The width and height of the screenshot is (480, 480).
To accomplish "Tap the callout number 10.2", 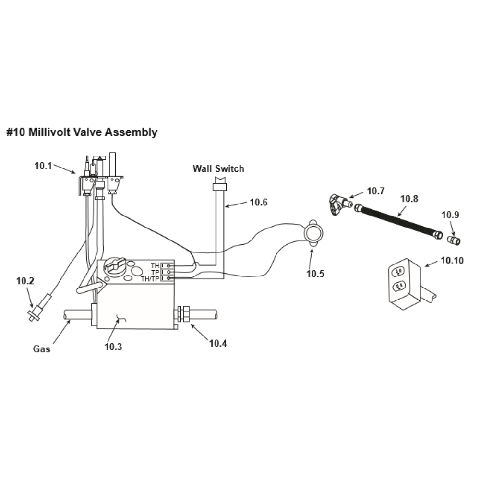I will point(25,281).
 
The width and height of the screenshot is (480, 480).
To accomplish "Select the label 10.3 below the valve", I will point(113,347).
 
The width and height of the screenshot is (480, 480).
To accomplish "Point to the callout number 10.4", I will point(218,343).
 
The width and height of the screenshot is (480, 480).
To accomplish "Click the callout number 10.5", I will point(315,274).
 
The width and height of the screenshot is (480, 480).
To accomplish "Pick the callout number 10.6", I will point(259,202).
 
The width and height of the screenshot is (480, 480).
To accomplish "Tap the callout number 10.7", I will point(376,191).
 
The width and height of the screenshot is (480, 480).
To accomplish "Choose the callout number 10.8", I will point(409,198).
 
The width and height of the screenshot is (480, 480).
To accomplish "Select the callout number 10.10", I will point(452,261).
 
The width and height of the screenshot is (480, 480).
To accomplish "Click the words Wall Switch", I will point(218,168).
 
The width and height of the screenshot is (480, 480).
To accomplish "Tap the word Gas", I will point(41,349).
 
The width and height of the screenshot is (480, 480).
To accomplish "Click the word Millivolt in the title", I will point(49,132).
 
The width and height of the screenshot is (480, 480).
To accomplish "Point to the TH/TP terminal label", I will point(150,279).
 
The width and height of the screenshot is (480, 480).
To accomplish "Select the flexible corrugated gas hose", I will point(398,221).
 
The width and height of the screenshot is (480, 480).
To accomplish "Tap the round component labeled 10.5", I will point(313,234).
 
